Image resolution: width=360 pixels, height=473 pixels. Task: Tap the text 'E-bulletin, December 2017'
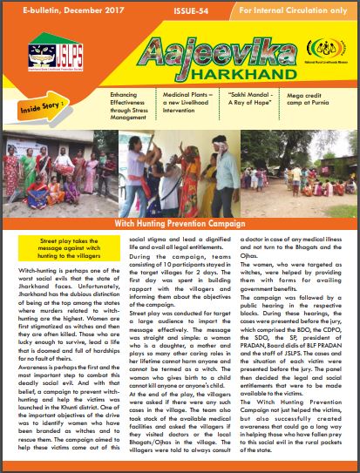[59, 8]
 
